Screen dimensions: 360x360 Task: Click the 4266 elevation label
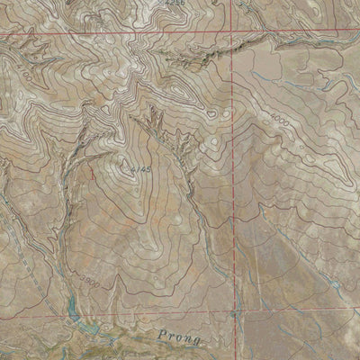coord(175,4)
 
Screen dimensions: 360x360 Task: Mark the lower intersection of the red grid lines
coord(237,315)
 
